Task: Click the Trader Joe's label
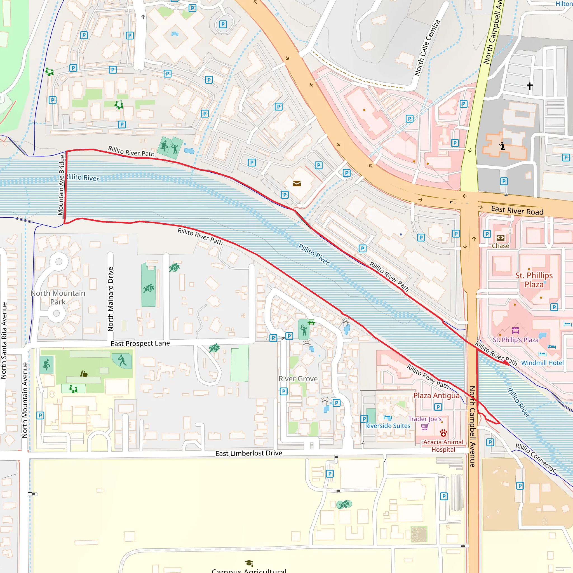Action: tap(425, 419)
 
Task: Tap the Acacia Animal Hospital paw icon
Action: tap(443, 433)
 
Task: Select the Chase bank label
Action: tap(500, 246)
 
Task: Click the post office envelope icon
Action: tap(297, 184)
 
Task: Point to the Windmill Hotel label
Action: tap(542, 363)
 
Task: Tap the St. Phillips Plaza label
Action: tap(534, 280)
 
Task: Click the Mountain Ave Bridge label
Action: tap(61, 184)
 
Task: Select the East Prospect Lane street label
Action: tap(140, 344)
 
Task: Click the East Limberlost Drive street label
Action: tap(248, 453)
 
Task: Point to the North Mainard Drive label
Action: tap(111, 299)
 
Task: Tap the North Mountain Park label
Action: tap(58, 297)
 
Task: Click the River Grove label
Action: tap(298, 379)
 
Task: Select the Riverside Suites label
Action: tap(388, 426)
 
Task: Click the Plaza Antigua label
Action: tap(436, 395)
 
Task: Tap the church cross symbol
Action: tap(530, 86)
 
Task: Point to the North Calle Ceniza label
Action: tap(427, 48)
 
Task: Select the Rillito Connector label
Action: tap(535, 458)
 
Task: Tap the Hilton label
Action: tap(564, 4)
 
